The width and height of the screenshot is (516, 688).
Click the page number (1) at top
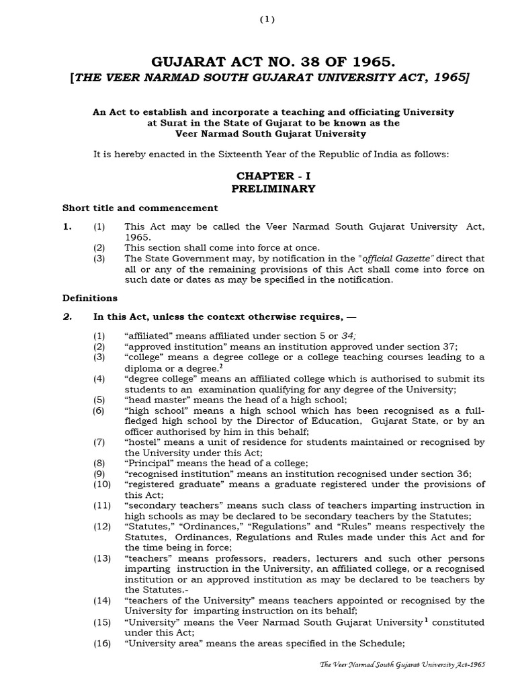[267, 19]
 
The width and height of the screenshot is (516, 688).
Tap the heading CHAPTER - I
[273, 175]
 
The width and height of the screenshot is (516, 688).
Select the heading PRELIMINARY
[273, 189]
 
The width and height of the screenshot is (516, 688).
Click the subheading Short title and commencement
[140, 208]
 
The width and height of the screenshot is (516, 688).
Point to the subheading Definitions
[90, 298]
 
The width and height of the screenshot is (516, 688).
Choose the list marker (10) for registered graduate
[101, 484]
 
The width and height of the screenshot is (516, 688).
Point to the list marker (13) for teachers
[101, 558]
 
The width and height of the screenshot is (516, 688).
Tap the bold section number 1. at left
[67, 227]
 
